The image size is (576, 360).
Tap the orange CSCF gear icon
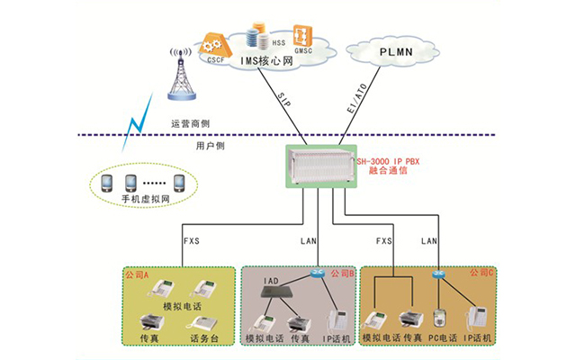coord(213,43)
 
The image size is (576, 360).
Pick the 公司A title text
coord(140,273)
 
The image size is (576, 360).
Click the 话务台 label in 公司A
coord(203,339)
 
